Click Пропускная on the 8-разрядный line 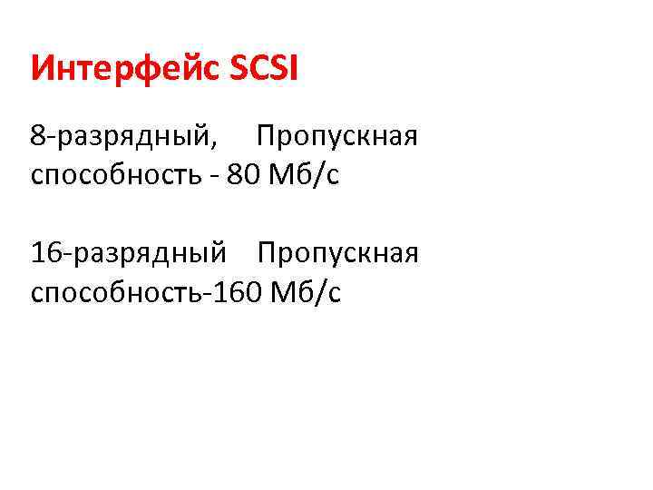(336, 138)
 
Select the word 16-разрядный (128, 253)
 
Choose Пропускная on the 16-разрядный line (337, 253)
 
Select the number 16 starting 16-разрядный (45, 253)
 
